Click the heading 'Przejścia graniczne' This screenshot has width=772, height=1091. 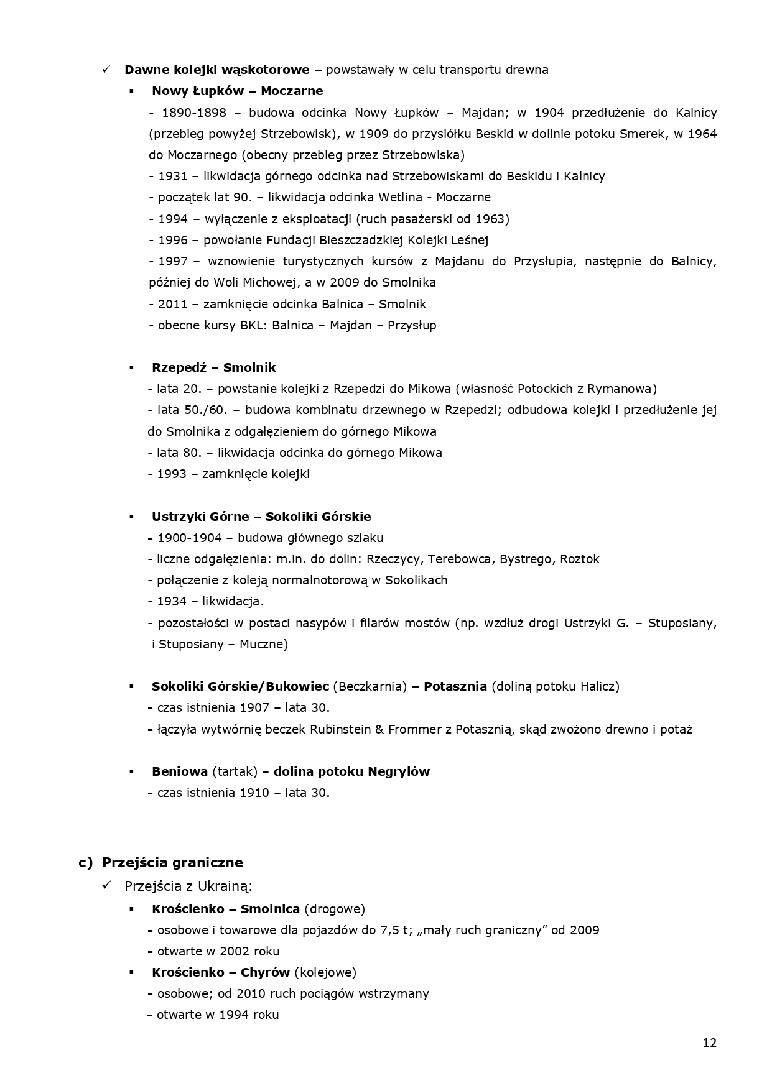[x=172, y=862]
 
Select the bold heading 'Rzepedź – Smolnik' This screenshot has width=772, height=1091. [x=213, y=367]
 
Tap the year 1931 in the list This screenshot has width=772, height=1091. [x=172, y=176]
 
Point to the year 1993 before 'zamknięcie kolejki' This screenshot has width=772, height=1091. [x=171, y=474]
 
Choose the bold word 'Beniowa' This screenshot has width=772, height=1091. [x=179, y=771]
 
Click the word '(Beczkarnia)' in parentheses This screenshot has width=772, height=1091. [x=370, y=686]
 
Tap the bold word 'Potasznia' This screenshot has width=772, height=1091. [x=455, y=686]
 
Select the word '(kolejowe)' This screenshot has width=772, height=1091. [x=325, y=972]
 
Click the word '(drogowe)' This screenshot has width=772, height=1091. [x=335, y=909]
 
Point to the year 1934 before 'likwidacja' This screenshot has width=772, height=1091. [x=171, y=601]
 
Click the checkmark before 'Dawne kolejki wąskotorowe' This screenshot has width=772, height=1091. [x=106, y=69]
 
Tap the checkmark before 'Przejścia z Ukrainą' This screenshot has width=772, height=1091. [x=106, y=885]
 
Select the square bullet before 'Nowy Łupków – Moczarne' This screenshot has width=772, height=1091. [x=132, y=91]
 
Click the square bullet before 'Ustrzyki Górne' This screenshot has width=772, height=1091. [x=132, y=517]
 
